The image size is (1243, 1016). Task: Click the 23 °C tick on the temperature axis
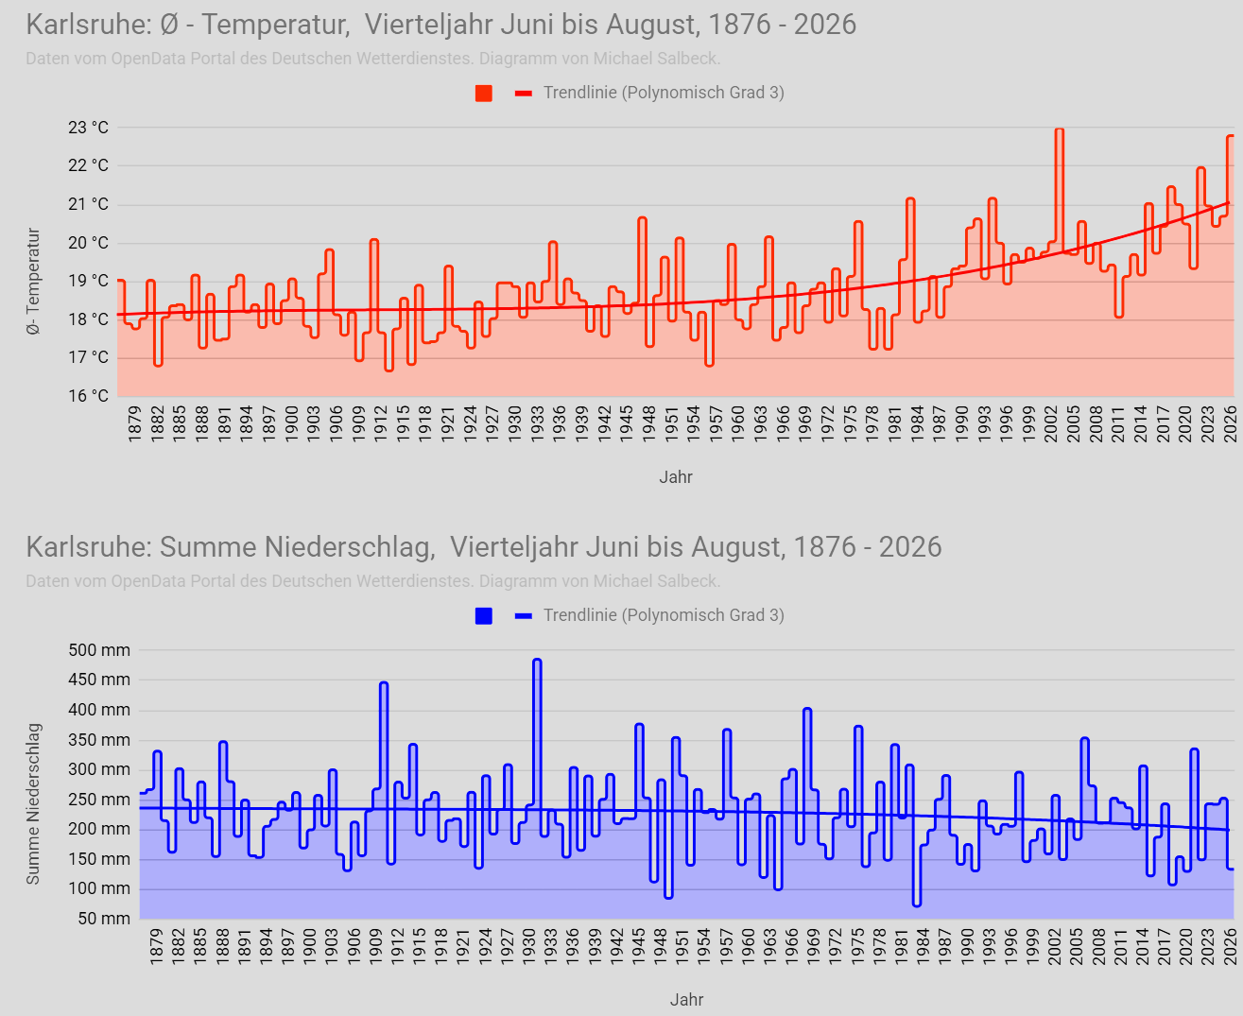[x=89, y=128]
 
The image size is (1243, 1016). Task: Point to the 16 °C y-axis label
[x=89, y=395]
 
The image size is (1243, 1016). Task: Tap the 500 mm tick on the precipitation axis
[x=99, y=650]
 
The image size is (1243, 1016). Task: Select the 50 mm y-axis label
[x=104, y=919]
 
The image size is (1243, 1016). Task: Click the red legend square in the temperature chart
[x=484, y=94]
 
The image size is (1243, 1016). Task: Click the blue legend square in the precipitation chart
[x=484, y=616]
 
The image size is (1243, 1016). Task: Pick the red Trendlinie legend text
[x=664, y=93]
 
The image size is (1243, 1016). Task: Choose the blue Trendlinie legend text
[x=664, y=615]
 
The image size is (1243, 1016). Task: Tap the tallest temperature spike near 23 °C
[x=1059, y=129]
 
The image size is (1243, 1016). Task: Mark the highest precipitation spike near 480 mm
[x=537, y=661]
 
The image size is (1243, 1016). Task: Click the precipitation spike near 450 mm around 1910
[x=384, y=683]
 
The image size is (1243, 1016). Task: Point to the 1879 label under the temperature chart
[x=134, y=423]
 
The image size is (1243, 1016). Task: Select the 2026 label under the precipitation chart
[x=1230, y=946]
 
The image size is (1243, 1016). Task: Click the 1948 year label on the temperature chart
[x=648, y=423]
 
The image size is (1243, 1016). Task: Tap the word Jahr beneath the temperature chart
[x=676, y=476]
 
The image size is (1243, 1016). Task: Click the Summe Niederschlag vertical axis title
[x=33, y=804]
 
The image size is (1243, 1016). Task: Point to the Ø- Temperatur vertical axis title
[x=33, y=282]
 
